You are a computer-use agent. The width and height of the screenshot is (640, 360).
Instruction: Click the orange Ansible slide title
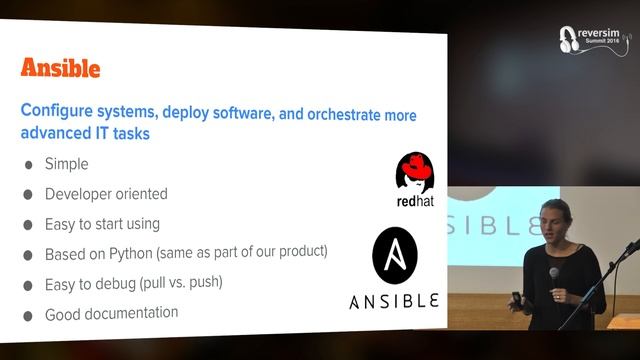click(x=61, y=68)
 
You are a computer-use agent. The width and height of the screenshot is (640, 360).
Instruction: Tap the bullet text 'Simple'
click(x=67, y=164)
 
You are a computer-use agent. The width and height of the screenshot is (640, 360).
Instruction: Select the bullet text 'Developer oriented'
click(x=106, y=194)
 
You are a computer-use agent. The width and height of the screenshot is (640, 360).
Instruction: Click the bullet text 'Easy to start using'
click(x=102, y=223)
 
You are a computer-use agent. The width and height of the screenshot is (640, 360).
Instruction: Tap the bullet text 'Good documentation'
click(x=111, y=313)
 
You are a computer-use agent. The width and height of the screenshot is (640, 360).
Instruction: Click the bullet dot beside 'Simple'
click(x=28, y=165)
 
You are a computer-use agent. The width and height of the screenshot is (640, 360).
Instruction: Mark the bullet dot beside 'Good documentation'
click(x=28, y=315)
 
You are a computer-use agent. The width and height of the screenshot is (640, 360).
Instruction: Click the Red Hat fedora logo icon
click(x=413, y=172)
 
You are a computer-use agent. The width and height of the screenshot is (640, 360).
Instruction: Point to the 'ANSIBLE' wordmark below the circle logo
click(x=394, y=300)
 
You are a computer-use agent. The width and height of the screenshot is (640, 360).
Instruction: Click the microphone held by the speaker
click(x=553, y=273)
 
